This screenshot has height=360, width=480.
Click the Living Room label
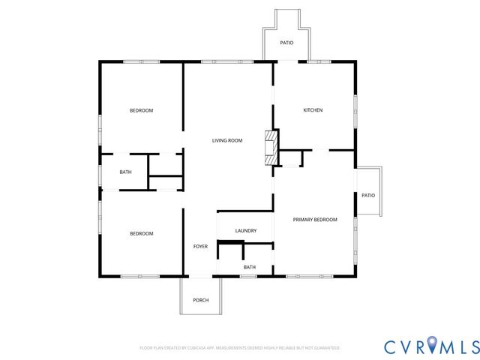pos(226,140)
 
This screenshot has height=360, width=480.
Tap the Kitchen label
pos(313,110)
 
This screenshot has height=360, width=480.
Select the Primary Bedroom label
pos(315,220)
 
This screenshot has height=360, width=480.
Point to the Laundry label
pos(246,231)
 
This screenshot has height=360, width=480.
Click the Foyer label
pos(200,247)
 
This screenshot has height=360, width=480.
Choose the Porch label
pos(200,300)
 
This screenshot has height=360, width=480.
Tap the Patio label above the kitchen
pos(286,43)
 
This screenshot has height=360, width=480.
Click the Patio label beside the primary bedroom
pos(367,195)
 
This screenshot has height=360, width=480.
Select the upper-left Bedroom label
pos(141,110)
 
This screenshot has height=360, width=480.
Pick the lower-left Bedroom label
pos(141,233)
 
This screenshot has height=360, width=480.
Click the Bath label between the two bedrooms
pos(125,172)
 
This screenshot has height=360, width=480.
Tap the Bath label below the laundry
pos(249,267)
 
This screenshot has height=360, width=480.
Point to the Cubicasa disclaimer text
pos(240,348)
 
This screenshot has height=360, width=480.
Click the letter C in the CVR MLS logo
pos(391,346)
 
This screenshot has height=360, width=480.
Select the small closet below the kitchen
pos(291,158)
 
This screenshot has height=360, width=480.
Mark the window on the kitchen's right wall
pos(355,110)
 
